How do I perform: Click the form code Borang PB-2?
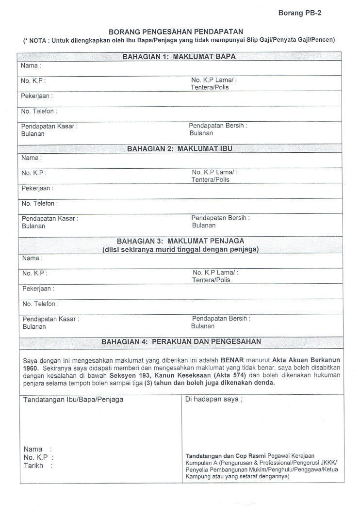299,13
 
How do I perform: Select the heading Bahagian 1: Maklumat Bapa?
180,56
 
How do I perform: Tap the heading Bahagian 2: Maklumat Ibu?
180,148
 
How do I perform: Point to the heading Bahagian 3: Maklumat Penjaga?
180,241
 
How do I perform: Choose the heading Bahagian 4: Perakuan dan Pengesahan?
181,341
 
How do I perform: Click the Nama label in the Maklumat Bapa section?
30,65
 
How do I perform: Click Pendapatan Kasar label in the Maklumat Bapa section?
49,126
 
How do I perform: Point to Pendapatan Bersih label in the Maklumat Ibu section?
221,218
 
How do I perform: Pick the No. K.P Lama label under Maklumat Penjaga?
215,273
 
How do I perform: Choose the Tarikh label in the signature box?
34,466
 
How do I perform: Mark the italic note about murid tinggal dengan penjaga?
180,249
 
